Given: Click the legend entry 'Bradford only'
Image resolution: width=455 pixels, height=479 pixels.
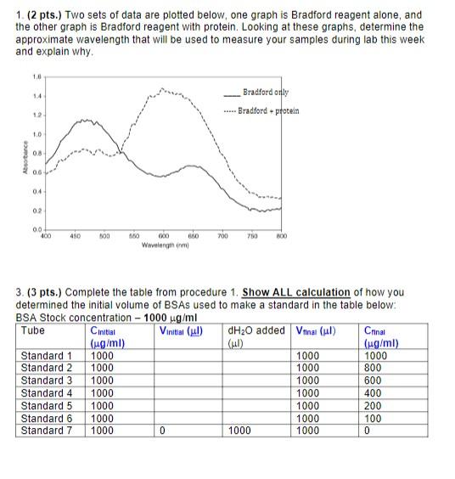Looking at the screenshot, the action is coord(265,92).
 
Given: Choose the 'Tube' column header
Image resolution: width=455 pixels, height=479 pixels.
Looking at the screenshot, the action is coord(33,330).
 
